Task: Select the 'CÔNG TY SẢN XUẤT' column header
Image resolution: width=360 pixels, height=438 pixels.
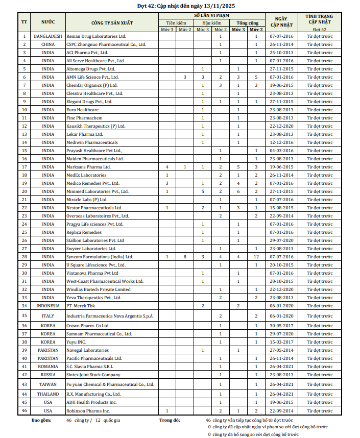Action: [110, 22]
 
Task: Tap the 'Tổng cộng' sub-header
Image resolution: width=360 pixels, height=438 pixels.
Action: [247, 23]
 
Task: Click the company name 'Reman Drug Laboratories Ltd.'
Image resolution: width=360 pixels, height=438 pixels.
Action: [96, 36]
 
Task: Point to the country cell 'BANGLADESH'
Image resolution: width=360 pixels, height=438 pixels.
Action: [48, 36]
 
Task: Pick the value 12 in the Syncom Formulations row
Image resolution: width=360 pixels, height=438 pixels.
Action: [256, 257]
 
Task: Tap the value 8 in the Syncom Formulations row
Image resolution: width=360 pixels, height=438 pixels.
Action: [184, 257]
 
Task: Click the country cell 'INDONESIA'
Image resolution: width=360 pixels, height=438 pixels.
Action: [48, 305]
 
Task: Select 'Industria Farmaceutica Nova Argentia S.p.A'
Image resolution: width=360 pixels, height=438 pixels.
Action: [109, 316]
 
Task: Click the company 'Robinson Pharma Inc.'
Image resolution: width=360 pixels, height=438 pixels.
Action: [88, 410]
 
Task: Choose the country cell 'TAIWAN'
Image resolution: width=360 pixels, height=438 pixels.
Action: [48, 384]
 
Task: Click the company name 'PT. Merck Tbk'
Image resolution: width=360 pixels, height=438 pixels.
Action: [81, 305]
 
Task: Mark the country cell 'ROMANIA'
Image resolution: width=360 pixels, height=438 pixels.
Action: [48, 366]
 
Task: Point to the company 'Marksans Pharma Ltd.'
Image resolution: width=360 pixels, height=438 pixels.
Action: [89, 167]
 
